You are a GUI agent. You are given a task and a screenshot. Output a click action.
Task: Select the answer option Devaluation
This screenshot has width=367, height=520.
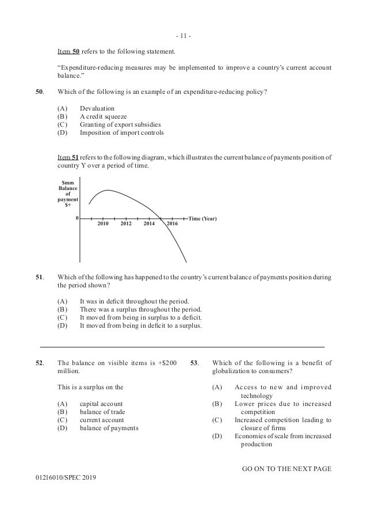(x=97, y=108)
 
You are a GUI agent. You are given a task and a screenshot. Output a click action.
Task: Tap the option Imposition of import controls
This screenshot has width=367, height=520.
(x=121, y=133)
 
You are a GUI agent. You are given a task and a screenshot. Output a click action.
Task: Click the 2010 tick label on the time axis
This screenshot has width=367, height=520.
(x=104, y=223)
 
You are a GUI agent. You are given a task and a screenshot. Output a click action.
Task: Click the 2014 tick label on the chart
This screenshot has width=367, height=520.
(x=150, y=223)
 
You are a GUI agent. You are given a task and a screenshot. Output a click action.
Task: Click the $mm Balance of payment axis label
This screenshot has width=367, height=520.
(x=67, y=194)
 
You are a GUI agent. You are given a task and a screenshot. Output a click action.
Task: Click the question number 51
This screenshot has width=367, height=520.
(x=40, y=277)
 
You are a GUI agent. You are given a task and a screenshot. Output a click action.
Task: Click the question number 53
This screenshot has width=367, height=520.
(x=194, y=362)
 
